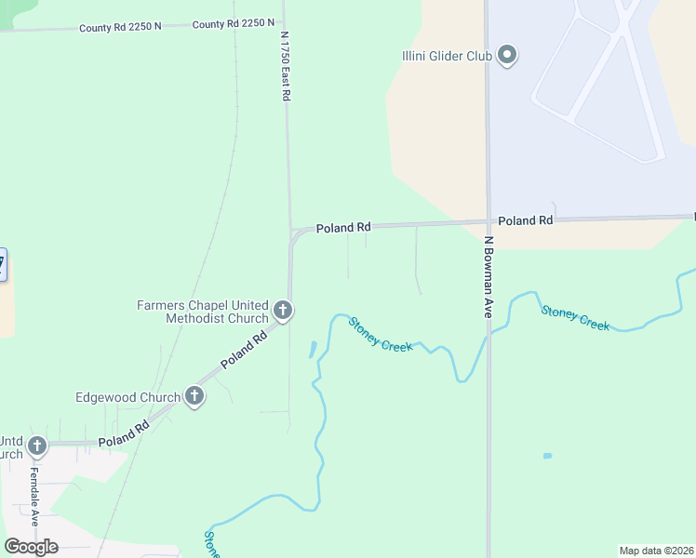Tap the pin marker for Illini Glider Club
[507, 56]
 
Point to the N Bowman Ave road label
[488, 277]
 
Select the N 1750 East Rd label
[286, 64]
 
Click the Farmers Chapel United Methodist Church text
[203, 312]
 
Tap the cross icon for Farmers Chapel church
[283, 311]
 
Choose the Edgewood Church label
[128, 397]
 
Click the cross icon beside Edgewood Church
[194, 397]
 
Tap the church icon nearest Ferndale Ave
[36, 446]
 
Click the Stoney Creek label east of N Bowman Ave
[575, 318]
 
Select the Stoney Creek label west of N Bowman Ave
[380, 335]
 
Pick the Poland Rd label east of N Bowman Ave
[525, 220]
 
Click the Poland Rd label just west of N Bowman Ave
[343, 227]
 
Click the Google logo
[32, 547]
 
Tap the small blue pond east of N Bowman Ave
[547, 456]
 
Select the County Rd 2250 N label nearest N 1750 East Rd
[234, 23]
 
